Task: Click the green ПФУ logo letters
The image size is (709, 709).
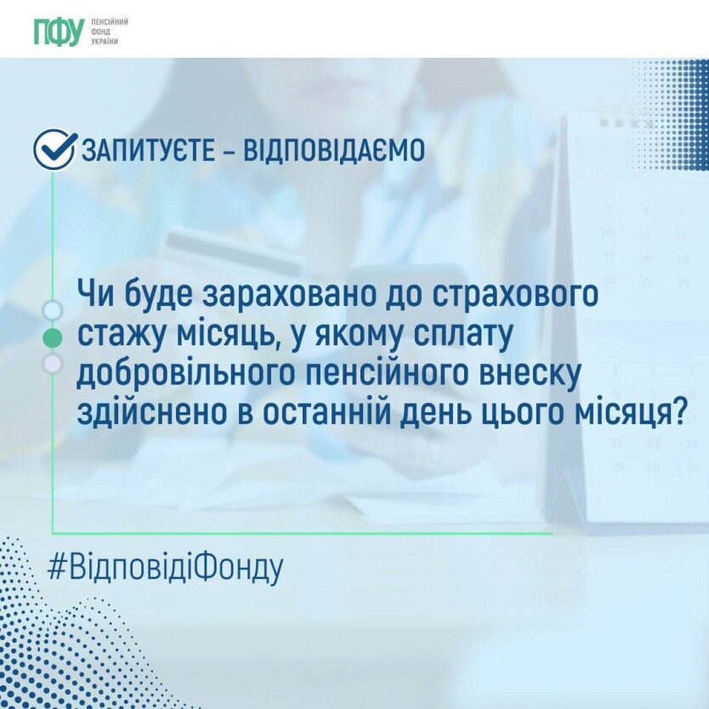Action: tap(60, 31)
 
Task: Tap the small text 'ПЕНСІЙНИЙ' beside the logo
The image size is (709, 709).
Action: tap(110, 22)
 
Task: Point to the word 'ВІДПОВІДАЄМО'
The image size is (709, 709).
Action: tap(334, 150)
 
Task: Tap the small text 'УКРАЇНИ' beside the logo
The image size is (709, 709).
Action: tap(105, 42)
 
